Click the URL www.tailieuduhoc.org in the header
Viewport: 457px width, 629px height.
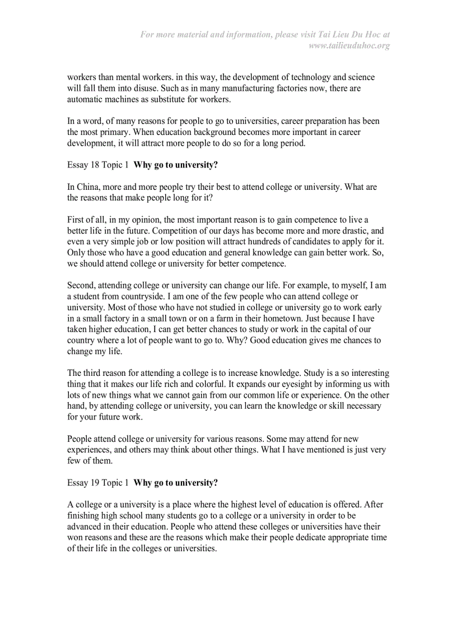tap(349, 45)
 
